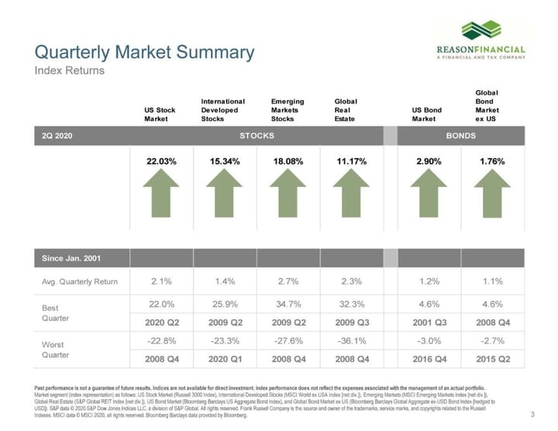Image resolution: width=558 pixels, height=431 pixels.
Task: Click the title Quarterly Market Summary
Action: tap(144, 53)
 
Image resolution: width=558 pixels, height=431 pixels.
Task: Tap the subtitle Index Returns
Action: tap(69, 71)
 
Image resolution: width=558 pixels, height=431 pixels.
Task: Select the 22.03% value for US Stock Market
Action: tap(161, 161)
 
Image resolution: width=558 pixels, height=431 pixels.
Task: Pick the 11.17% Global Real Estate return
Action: tap(351, 161)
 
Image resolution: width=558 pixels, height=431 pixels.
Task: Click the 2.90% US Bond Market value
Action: tap(429, 161)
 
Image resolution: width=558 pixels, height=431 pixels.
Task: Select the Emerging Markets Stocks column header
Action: tap(288, 110)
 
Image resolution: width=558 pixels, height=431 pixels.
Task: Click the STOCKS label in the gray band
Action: tap(257, 136)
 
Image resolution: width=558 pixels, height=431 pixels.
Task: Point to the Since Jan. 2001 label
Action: tap(71, 257)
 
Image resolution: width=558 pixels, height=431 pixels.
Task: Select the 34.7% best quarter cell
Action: tap(288, 305)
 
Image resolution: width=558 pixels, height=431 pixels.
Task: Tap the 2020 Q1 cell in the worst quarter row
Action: tap(225, 359)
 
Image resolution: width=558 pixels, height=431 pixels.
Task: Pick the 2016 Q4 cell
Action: tap(429, 359)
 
